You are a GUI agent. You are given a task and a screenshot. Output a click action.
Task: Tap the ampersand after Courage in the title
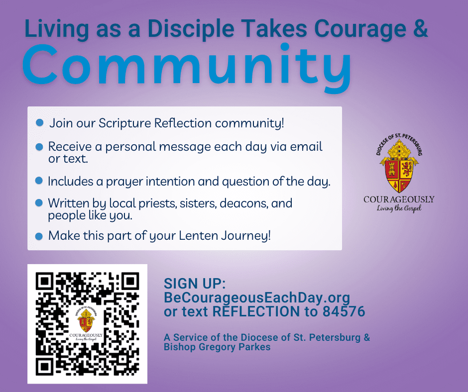pos(421,28)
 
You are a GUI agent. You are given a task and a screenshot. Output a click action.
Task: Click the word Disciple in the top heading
pos(191,29)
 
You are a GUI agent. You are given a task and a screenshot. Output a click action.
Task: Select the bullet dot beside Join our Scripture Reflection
pos(39,122)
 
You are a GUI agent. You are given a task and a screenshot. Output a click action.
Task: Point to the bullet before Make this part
pos(39,236)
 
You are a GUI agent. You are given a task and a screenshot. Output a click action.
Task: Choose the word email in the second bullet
pos(306,146)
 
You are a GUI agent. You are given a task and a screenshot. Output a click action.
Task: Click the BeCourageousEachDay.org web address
pos(257,297)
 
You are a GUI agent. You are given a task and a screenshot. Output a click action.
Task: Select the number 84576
pos(344,311)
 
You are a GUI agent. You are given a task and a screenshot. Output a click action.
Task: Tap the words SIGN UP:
pos(195,284)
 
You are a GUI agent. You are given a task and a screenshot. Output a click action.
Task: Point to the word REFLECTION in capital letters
pos(256,311)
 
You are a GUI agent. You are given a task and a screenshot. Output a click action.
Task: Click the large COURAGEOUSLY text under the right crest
pos(399,199)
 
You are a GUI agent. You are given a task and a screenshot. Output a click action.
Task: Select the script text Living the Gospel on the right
pos(399,208)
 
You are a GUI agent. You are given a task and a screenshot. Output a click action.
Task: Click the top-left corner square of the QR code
pos(44,281)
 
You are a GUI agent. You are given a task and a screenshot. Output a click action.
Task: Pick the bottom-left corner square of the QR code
pos(44,367)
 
